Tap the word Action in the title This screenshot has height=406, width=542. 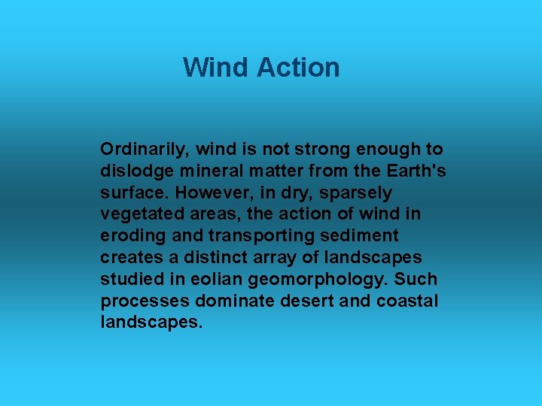(298, 68)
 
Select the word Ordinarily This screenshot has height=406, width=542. (139, 150)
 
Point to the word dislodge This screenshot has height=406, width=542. (131, 171)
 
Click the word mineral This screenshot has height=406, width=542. (205, 171)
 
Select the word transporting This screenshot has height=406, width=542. (235, 236)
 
